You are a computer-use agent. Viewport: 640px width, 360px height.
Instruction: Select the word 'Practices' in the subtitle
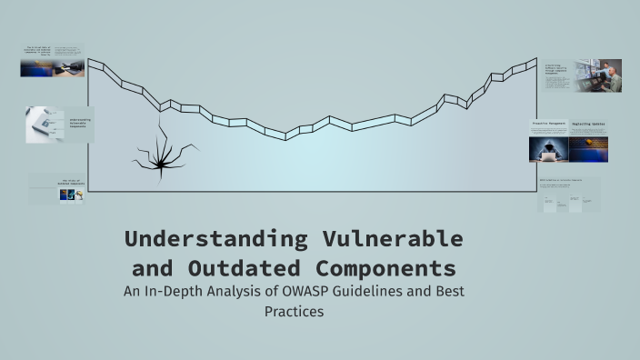[294, 312]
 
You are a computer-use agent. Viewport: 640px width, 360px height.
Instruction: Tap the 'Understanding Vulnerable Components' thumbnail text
[80, 123]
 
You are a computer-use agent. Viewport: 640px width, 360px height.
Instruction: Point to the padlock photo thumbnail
[43, 125]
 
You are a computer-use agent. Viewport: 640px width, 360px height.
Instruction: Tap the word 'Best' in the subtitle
[452, 293]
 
